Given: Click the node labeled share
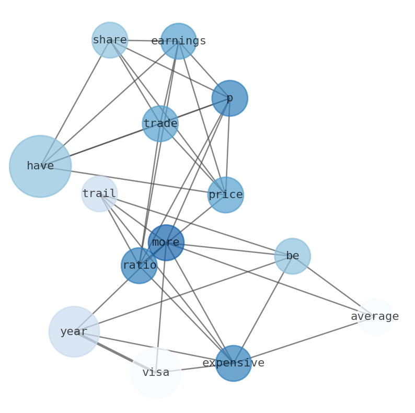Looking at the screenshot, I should pos(110,40).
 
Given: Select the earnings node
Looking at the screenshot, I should pos(178,41).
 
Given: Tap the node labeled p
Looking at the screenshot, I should pos(229,98).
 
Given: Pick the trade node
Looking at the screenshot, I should pos(160,124).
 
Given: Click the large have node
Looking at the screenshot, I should pos(40,166).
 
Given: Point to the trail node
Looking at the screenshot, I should pos(99,194).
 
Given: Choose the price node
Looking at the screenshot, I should pos(225,195).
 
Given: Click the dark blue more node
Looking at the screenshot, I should pos(166,243).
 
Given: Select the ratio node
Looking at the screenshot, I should pos(139,266).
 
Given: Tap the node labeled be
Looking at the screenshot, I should pos(292,256).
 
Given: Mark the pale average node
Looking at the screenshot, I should pos(375,317).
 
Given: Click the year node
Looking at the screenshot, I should pos(74,331).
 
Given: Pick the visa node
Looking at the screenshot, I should pos(156,373).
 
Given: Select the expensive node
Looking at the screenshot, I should pos(233,363).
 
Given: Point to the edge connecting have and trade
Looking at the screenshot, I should pos(99,145).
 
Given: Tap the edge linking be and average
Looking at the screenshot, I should pos(333,286).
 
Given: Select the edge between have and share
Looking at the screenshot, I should pos(75,102).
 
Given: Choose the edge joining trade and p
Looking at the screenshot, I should pos(195,111).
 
